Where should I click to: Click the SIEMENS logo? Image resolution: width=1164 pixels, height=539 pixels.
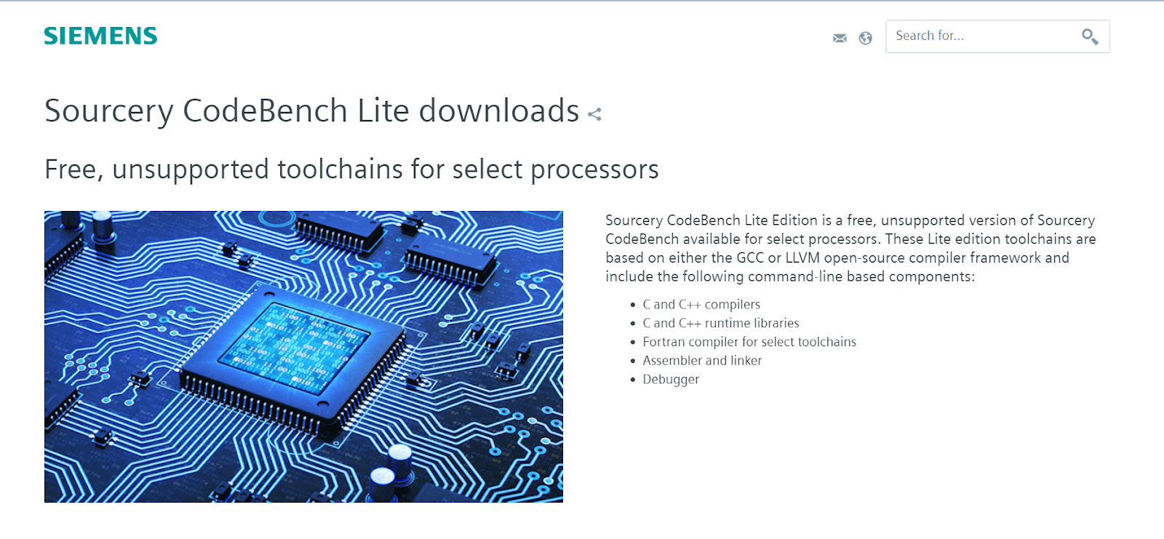pos(101,36)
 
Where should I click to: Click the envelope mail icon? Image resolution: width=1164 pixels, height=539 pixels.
pos(840,38)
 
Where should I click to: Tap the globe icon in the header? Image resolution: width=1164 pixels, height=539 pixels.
pos(865,38)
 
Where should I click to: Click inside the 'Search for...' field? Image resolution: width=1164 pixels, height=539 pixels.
pos(982,36)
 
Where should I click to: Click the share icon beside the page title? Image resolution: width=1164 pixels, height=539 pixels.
pos(594,113)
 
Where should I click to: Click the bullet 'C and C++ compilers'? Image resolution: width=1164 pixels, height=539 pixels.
pos(701,304)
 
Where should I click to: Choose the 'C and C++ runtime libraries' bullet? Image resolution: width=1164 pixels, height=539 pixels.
pos(721,323)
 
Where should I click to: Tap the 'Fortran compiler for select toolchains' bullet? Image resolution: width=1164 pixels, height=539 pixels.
pos(749,341)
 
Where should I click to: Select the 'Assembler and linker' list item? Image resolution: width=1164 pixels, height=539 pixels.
pos(702,360)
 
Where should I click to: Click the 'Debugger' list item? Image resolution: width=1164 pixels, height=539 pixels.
pos(671,380)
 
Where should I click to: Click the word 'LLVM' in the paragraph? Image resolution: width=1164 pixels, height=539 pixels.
pos(802,257)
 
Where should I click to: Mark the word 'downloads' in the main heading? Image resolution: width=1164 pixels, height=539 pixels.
pos(499,111)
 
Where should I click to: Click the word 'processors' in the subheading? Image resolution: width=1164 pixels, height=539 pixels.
pos(594,170)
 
